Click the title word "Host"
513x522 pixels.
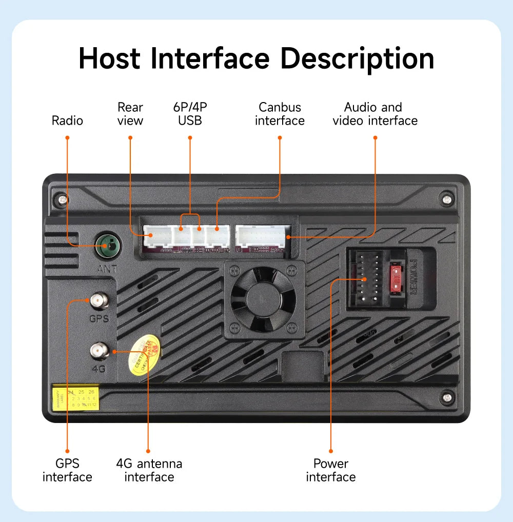pos(109,58)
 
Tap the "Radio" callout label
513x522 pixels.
pos(67,121)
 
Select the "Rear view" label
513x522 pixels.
pos(130,114)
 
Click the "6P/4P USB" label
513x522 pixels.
pos(190,114)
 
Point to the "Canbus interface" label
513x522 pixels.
pos(280,114)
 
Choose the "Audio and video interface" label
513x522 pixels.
pos(374,114)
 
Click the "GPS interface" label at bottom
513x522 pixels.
pos(67,470)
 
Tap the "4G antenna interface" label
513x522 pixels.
pos(149,470)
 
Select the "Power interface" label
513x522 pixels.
pos(331,470)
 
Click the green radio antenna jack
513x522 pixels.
pos(108,246)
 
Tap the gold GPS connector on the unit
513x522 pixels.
pos(98,300)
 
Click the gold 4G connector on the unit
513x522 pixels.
pos(98,351)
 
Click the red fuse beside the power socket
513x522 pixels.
pos(396,278)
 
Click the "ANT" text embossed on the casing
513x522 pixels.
pos(108,268)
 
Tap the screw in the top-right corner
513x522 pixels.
pos(446,198)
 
